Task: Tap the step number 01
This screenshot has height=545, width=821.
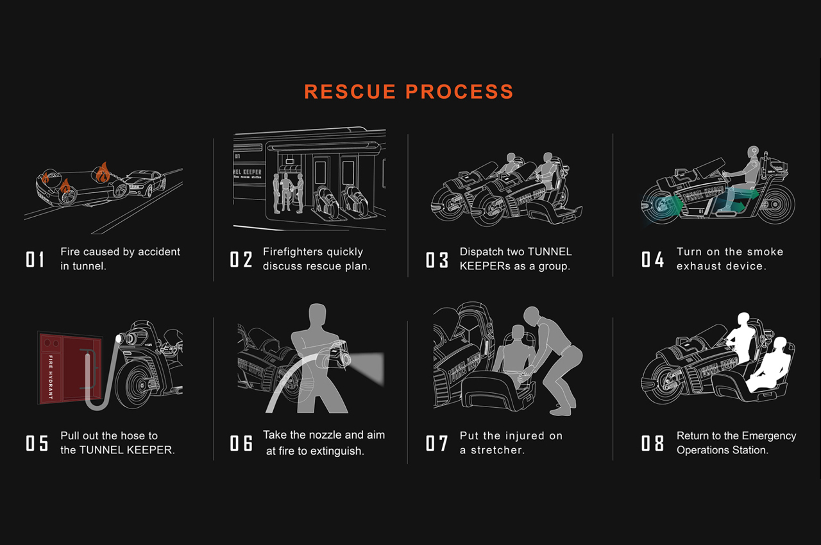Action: tap(35, 260)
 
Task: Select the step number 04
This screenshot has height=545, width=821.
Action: tap(652, 260)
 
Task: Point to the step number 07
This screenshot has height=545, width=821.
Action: tap(437, 443)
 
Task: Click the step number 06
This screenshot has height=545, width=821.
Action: tap(241, 443)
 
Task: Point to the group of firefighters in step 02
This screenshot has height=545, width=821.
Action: tap(287, 193)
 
